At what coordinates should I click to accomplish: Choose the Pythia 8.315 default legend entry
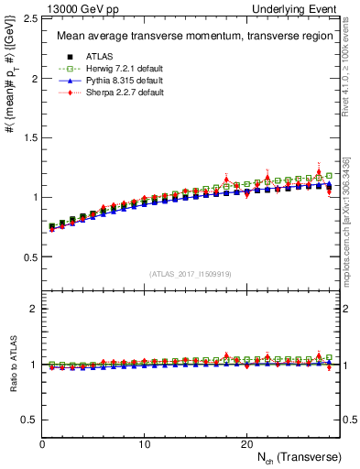[x=121, y=81]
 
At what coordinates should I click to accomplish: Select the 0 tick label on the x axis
[x=42, y=443]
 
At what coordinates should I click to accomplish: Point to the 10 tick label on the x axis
[x=144, y=443]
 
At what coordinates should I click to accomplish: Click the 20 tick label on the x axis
[x=246, y=443]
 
